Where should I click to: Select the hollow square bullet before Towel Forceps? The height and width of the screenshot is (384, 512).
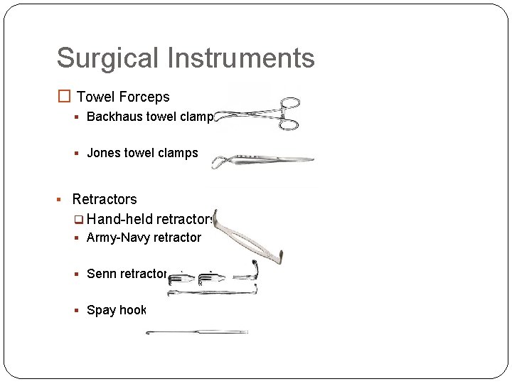(x=64, y=97)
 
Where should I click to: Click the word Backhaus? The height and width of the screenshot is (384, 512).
(x=114, y=117)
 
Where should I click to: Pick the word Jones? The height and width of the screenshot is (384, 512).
(x=102, y=153)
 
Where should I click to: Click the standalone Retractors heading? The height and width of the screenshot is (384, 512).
(x=105, y=199)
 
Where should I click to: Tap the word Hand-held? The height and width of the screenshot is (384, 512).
(x=119, y=219)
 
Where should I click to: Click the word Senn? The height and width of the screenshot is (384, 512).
(x=101, y=274)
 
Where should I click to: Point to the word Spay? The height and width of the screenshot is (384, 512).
(x=101, y=310)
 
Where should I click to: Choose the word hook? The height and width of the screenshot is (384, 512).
(x=134, y=310)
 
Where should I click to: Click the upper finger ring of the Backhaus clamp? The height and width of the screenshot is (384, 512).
(x=290, y=102)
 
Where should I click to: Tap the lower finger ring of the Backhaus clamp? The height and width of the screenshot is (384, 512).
(x=289, y=125)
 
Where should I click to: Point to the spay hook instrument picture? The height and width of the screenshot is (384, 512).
(x=196, y=332)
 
